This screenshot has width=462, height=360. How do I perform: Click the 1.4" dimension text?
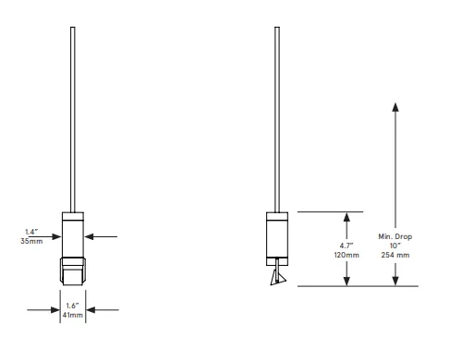click(x=31, y=232)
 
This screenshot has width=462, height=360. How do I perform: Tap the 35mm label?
click(x=31, y=241)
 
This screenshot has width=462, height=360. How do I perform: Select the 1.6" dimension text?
click(x=73, y=306)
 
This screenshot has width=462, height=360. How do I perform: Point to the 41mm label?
click(x=73, y=315)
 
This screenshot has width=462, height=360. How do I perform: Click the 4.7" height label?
click(x=346, y=246)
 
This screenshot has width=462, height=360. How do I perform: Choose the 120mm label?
click(x=346, y=255)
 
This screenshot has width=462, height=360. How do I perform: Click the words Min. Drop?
click(x=395, y=236)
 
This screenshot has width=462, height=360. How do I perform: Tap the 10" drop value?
click(x=395, y=246)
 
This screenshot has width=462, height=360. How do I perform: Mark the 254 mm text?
click(x=395, y=255)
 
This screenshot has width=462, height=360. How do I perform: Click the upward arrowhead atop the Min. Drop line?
click(x=395, y=107)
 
